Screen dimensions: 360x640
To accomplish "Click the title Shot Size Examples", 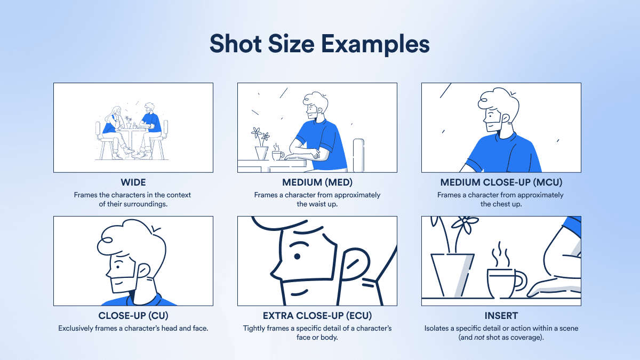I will [319, 44].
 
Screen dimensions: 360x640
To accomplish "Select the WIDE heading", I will [133, 182].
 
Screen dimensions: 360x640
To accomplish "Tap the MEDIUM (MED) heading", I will [317, 182].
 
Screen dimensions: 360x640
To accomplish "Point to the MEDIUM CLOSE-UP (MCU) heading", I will [501, 182].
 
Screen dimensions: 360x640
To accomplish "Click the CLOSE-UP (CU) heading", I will [133, 315].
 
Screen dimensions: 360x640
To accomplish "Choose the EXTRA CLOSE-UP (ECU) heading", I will [317, 315].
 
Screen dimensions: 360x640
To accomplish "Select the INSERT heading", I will [501, 315].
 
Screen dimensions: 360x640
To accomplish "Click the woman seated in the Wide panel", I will [114, 131].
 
